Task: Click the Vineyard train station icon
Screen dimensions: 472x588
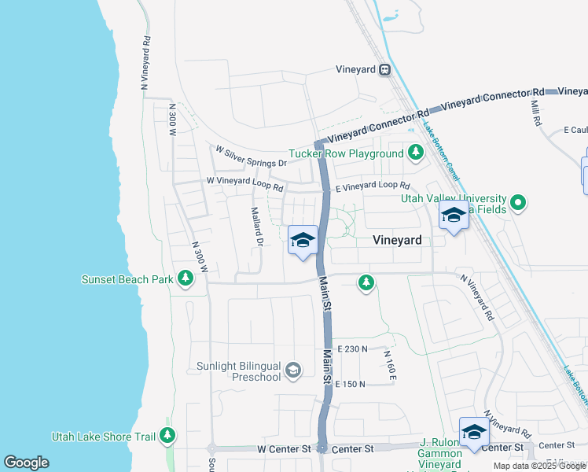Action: tap(384, 69)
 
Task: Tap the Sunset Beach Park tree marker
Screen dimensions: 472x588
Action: tap(186, 278)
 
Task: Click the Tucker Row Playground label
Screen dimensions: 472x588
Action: tap(345, 153)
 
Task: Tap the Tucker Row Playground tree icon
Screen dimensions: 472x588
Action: tap(415, 153)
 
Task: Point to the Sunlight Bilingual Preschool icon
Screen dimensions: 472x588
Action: tap(293, 370)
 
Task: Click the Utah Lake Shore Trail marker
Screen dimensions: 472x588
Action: tap(167, 434)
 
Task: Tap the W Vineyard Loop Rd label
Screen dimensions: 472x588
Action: tap(244, 181)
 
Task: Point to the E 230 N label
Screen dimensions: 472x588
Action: tap(353, 348)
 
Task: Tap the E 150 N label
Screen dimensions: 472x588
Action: tap(351, 384)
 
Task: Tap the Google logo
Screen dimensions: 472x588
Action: tap(26, 463)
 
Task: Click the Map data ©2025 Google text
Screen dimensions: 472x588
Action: tap(539, 466)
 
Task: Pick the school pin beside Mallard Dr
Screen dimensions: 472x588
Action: tap(303, 240)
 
